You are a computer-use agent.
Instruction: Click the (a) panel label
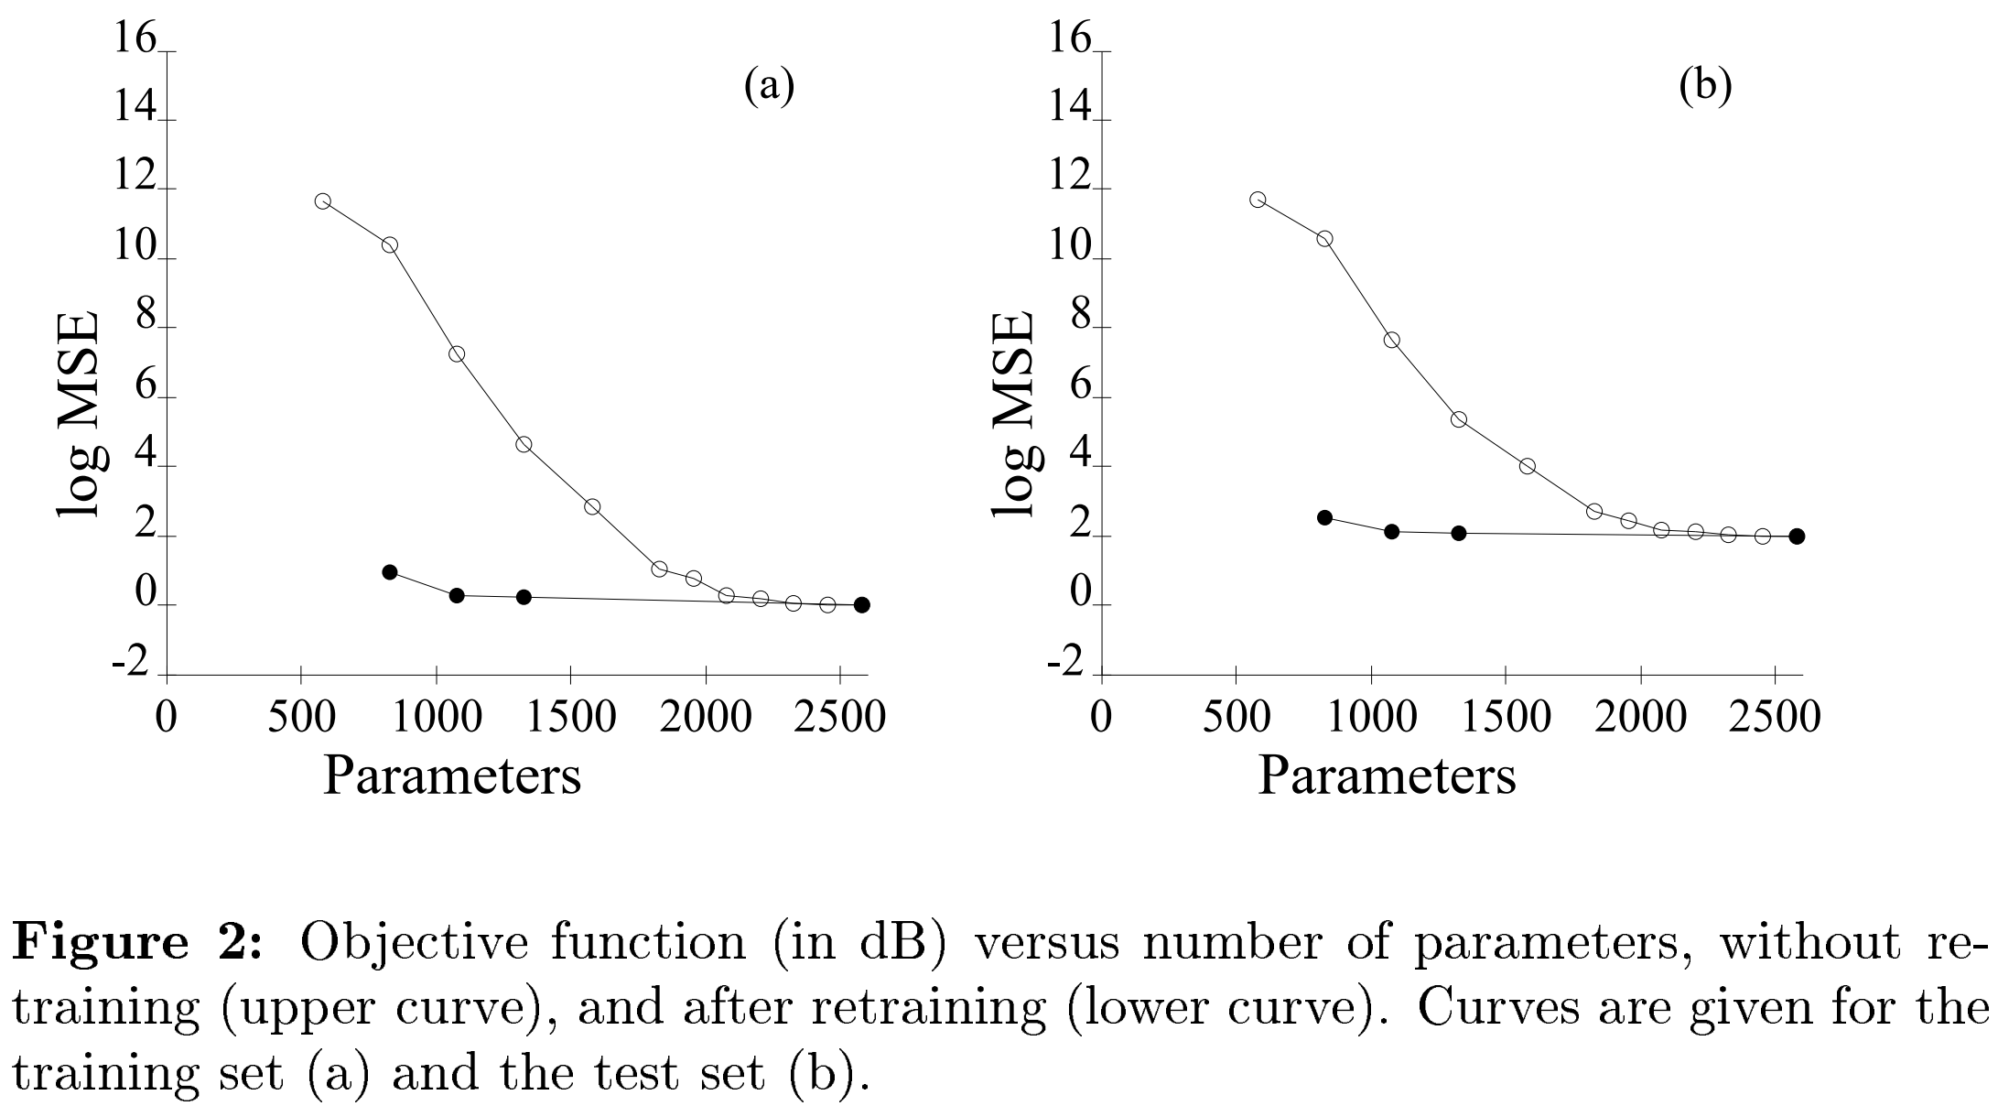(x=769, y=87)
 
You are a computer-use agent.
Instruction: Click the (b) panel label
(x=1705, y=87)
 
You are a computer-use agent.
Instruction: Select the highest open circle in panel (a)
(x=322, y=201)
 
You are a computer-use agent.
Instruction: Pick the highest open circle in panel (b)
(x=1258, y=200)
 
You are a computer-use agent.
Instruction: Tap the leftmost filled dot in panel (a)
(x=390, y=572)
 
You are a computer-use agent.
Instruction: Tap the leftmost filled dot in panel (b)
(x=1324, y=517)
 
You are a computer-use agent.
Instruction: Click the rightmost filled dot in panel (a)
(x=861, y=605)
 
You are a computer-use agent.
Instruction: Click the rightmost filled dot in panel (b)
(x=1797, y=537)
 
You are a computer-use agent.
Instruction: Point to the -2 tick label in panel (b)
(x=1064, y=663)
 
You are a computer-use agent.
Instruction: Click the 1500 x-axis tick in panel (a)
(x=570, y=717)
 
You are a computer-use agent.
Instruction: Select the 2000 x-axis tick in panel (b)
(x=1640, y=717)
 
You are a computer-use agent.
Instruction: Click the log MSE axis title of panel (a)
(x=80, y=417)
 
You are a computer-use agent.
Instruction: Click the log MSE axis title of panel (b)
(x=1014, y=417)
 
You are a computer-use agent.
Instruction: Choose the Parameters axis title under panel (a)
(x=452, y=776)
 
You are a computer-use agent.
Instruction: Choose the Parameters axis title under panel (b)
(x=1387, y=776)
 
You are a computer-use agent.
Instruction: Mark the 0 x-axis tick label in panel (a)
(x=167, y=717)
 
